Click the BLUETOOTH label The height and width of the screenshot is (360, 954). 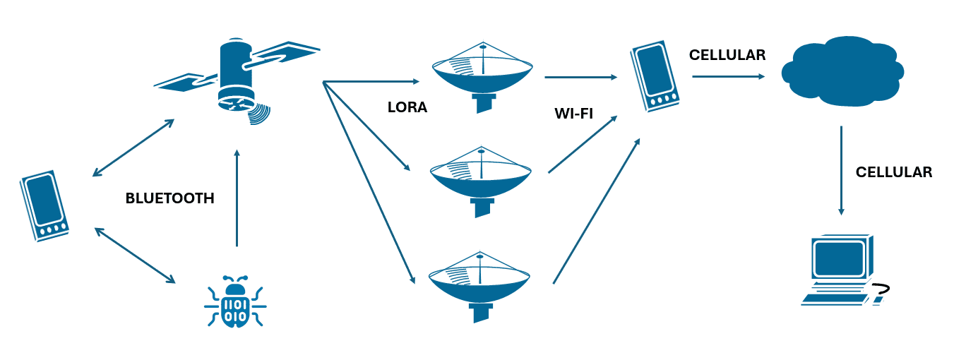(169, 198)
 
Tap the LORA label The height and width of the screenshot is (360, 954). (407, 108)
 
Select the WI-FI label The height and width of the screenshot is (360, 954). (573, 113)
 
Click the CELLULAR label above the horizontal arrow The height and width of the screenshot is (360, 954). (727, 55)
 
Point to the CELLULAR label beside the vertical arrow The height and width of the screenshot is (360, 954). (894, 172)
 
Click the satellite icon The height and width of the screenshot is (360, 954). (237, 79)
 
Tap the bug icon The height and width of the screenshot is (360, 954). (234, 301)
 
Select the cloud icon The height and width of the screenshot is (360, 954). (842, 71)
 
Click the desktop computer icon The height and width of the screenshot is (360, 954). (838, 269)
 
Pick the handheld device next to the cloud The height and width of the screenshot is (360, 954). (652, 76)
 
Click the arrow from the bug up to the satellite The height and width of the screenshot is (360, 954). (237, 198)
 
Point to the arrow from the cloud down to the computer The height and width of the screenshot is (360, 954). (840, 170)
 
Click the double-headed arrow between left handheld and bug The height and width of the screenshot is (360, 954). (134, 255)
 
